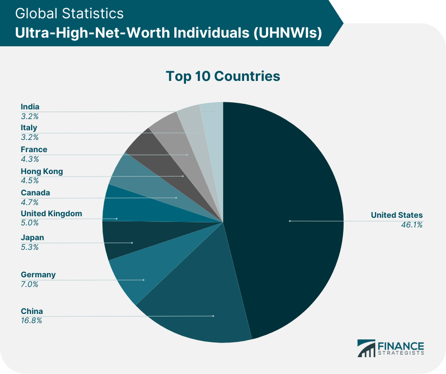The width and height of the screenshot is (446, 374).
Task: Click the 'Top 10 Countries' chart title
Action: click(x=223, y=76)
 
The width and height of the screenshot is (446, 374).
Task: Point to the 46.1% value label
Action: click(x=411, y=225)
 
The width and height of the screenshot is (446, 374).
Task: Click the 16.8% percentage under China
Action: click(x=31, y=321)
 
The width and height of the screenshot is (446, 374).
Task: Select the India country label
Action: click(x=30, y=107)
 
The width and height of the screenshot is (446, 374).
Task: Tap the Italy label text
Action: click(x=29, y=128)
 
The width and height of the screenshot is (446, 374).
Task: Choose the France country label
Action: click(x=34, y=150)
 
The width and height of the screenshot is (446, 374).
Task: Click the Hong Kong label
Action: click(x=42, y=171)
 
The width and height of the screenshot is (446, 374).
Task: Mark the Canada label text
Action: click(x=35, y=193)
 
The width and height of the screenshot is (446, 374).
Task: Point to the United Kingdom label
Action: click(x=51, y=214)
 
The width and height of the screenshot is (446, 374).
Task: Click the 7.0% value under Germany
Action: click(x=29, y=284)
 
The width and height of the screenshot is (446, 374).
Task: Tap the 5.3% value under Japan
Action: click(x=29, y=247)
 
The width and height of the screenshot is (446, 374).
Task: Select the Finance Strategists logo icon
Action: click(x=365, y=348)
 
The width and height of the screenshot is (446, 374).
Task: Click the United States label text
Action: click(x=397, y=215)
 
